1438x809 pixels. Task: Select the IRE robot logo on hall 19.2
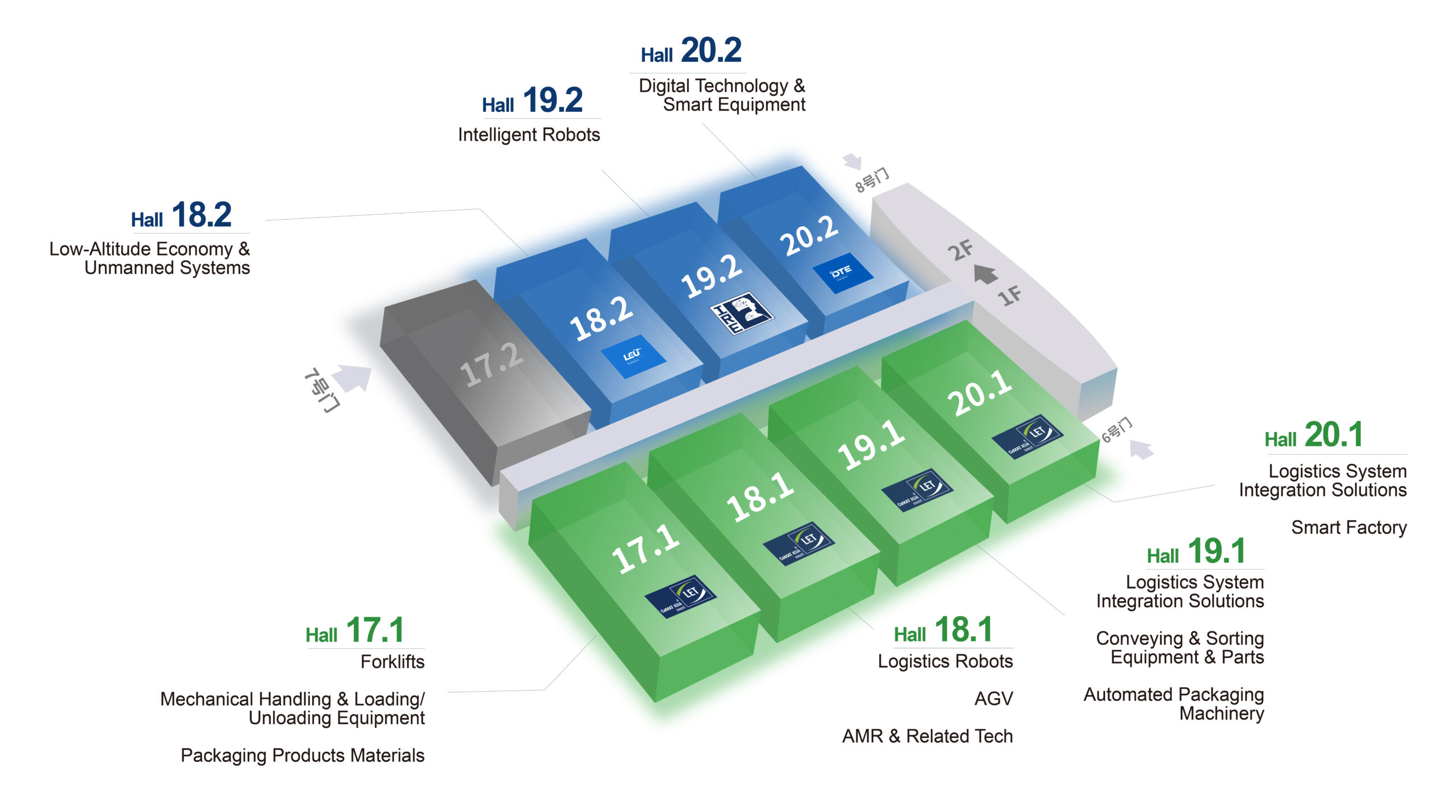[x=741, y=313]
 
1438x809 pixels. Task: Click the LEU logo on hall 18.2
[x=633, y=356]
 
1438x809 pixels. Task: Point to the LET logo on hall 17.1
[x=680, y=597]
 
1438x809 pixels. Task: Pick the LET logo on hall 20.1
[x=1027, y=436]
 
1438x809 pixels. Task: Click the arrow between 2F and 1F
[x=985, y=274]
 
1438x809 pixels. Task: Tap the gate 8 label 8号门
[x=872, y=180]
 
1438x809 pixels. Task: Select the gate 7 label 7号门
[x=322, y=390]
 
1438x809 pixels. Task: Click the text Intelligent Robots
[x=529, y=135]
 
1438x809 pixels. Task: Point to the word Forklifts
[x=392, y=662]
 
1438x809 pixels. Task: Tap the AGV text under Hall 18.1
[x=993, y=699]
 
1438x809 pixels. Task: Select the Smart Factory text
[x=1348, y=528]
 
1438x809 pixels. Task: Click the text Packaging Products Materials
[x=302, y=756]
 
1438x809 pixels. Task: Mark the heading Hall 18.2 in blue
[x=181, y=215]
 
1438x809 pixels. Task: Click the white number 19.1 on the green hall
[x=871, y=446]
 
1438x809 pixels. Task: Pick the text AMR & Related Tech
[x=927, y=736]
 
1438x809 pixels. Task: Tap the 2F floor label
[x=961, y=250]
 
